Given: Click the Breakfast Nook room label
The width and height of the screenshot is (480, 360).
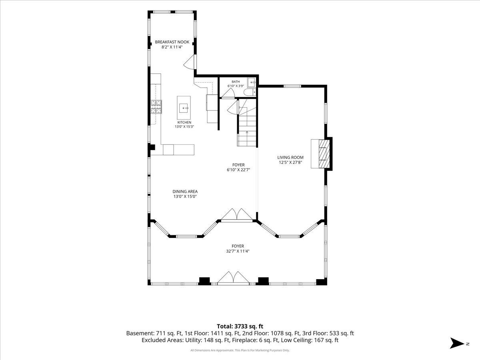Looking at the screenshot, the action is tap(172, 42).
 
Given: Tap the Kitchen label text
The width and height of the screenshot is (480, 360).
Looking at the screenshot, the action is tap(184, 122).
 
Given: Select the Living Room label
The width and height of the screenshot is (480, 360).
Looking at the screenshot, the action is tap(290, 157).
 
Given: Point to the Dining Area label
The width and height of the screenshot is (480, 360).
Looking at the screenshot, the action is tap(185, 192).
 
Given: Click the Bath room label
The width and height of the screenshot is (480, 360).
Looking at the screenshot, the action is tap(236, 82).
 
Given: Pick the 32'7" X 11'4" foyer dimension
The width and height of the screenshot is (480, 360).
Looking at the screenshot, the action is tap(238, 251).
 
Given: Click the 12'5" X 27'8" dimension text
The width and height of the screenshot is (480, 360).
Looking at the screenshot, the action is tap(290, 162).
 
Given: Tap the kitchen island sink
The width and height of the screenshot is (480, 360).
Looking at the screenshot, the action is tap(184, 108).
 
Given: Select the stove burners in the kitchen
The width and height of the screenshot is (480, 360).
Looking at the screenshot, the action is tap(156, 107).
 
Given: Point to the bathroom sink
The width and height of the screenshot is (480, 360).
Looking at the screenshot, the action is tap(252, 82).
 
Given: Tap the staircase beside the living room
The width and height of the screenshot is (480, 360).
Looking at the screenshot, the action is tap(247, 123).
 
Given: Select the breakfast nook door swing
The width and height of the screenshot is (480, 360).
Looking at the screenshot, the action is tap(189, 62).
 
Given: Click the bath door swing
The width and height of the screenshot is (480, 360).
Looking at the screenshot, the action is tap(228, 93).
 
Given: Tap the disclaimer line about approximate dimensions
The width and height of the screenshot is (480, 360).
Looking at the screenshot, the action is tap(240, 350).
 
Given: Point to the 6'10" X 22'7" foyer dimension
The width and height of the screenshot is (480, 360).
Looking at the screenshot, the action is tap(238, 170).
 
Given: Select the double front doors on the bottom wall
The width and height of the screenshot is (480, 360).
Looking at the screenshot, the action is tap(233, 278).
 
